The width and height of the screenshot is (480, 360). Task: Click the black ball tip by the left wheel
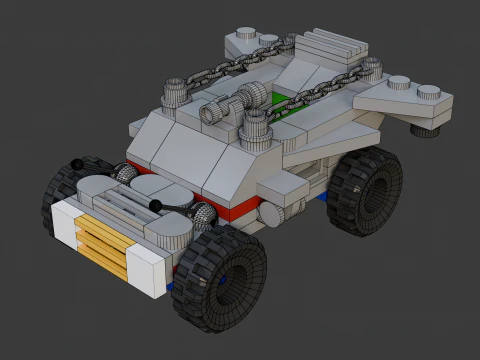[x=77, y=165]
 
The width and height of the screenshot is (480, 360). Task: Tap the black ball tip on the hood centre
[x=157, y=205]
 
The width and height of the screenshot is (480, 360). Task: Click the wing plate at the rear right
[x=405, y=99]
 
